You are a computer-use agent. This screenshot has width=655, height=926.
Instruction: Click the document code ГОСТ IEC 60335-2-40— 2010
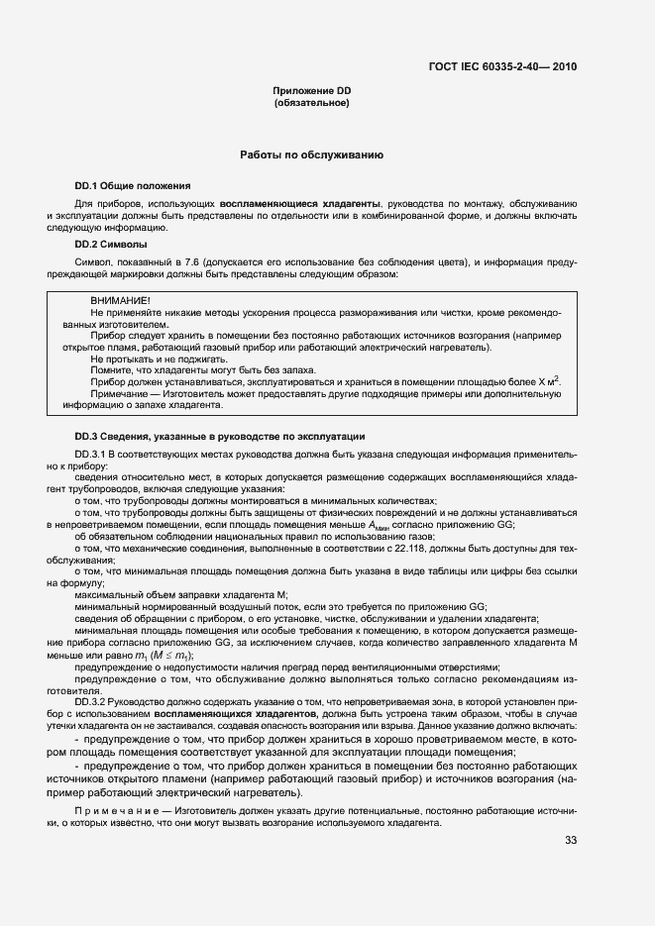coord(502,67)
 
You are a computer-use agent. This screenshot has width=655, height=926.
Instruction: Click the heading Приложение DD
coord(312,91)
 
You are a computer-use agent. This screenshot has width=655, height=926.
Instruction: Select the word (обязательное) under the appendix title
coord(312,103)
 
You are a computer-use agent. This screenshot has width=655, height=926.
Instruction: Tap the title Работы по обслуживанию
coord(312,155)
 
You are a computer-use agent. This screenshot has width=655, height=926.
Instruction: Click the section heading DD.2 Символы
coord(111,243)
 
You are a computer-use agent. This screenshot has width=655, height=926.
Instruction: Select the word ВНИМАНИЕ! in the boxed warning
coord(120,300)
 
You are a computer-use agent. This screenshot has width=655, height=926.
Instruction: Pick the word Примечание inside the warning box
coord(121,392)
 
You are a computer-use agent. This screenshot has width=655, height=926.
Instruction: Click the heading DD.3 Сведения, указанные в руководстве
coord(220,436)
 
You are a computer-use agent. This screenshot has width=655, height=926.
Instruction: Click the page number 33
coord(571,841)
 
